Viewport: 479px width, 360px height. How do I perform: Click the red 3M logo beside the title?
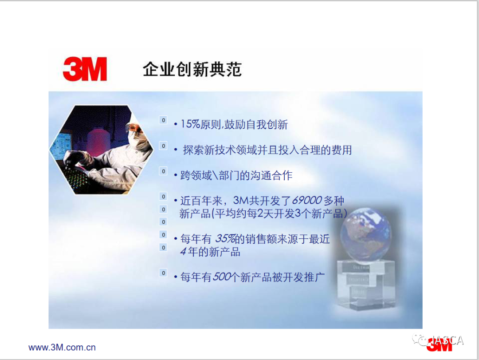85,69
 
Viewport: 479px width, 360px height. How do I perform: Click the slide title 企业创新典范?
192,69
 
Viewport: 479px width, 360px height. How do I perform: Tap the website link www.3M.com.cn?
62,348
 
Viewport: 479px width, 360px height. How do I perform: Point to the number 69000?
307,200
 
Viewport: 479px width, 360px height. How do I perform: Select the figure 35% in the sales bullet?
225,238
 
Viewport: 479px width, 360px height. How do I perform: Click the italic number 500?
222,277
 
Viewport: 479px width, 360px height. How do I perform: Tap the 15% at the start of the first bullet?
190,124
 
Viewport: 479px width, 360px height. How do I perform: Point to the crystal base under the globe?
366,284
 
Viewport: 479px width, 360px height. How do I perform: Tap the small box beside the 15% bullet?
163,120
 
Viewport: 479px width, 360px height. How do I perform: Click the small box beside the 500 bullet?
163,273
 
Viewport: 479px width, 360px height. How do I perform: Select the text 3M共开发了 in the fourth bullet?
262,200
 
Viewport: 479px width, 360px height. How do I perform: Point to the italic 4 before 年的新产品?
183,251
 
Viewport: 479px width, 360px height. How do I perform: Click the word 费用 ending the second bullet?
342,150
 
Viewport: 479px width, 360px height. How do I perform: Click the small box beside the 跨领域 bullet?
163,171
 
